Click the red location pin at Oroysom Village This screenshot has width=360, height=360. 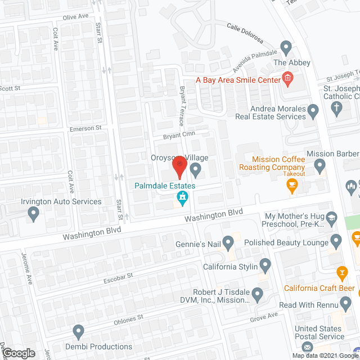tap(179, 165)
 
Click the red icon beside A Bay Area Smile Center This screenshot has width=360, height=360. tap(287, 80)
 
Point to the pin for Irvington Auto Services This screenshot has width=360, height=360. tap(33, 214)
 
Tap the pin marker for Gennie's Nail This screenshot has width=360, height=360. tap(228, 243)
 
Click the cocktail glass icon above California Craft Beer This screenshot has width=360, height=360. tap(341, 274)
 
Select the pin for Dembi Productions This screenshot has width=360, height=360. tap(78, 331)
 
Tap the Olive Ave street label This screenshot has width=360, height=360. tap(76, 17)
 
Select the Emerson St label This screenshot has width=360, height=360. tap(85, 128)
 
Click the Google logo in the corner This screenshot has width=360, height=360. tap(18, 353)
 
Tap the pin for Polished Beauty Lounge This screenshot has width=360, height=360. tap(336, 242)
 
